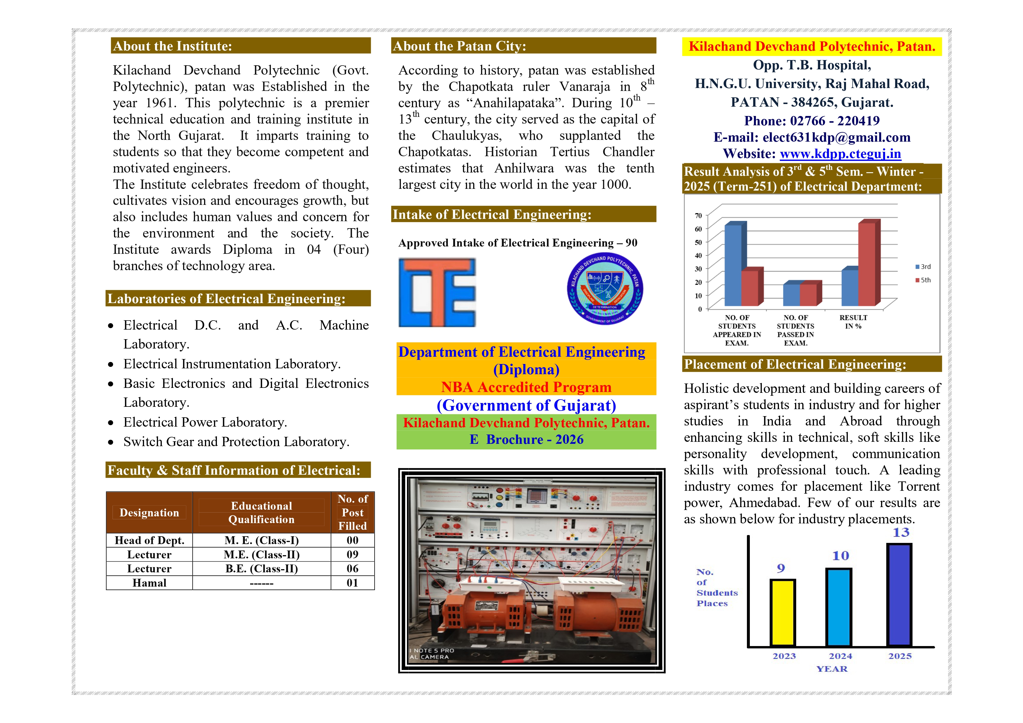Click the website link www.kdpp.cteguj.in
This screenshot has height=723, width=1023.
tap(840, 154)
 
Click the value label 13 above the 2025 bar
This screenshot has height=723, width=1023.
tap(901, 532)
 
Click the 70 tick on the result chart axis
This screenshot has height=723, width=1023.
tap(698, 216)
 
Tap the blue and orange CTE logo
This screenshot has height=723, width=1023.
tap(437, 292)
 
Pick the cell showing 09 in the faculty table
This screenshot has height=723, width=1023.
tap(352, 555)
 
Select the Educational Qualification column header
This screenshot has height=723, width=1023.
tap(262, 513)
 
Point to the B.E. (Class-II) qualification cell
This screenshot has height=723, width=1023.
tap(262, 569)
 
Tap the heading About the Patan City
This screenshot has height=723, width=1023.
tap(459, 46)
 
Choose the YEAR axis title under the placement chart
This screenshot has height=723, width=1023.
tap(831, 669)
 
